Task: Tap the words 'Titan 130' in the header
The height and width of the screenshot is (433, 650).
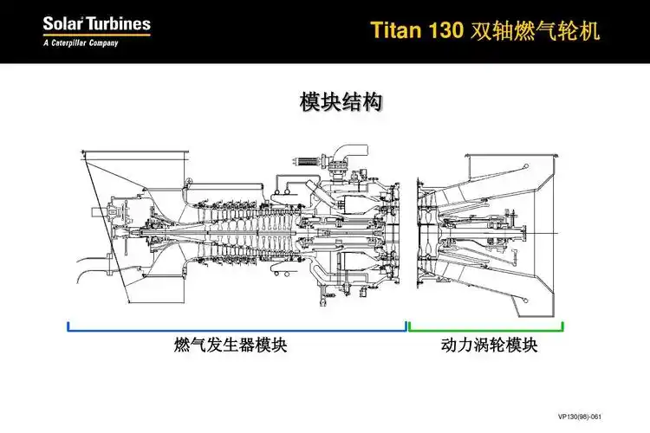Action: tap(418, 30)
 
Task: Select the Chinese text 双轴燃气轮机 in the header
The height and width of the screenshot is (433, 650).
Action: tap(535, 30)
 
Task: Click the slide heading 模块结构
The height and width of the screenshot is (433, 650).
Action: tap(341, 102)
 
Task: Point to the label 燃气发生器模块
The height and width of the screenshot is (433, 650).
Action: tap(230, 346)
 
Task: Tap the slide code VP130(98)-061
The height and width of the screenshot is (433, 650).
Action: tap(602, 416)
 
